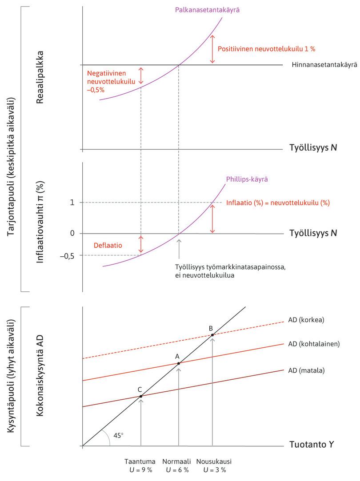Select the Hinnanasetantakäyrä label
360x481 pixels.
pyautogui.click(x=324, y=65)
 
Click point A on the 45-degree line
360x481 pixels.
pyautogui.click(x=179, y=363)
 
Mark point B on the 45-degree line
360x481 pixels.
pyautogui.click(x=212, y=334)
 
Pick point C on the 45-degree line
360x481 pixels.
pyautogui.click(x=141, y=396)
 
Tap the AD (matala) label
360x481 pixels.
pyautogui.click(x=306, y=370)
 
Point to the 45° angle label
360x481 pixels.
pyautogui.click(x=118, y=435)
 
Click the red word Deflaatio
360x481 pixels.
pyautogui.click(x=108, y=245)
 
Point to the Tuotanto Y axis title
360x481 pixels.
pyautogui.click(x=312, y=445)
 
